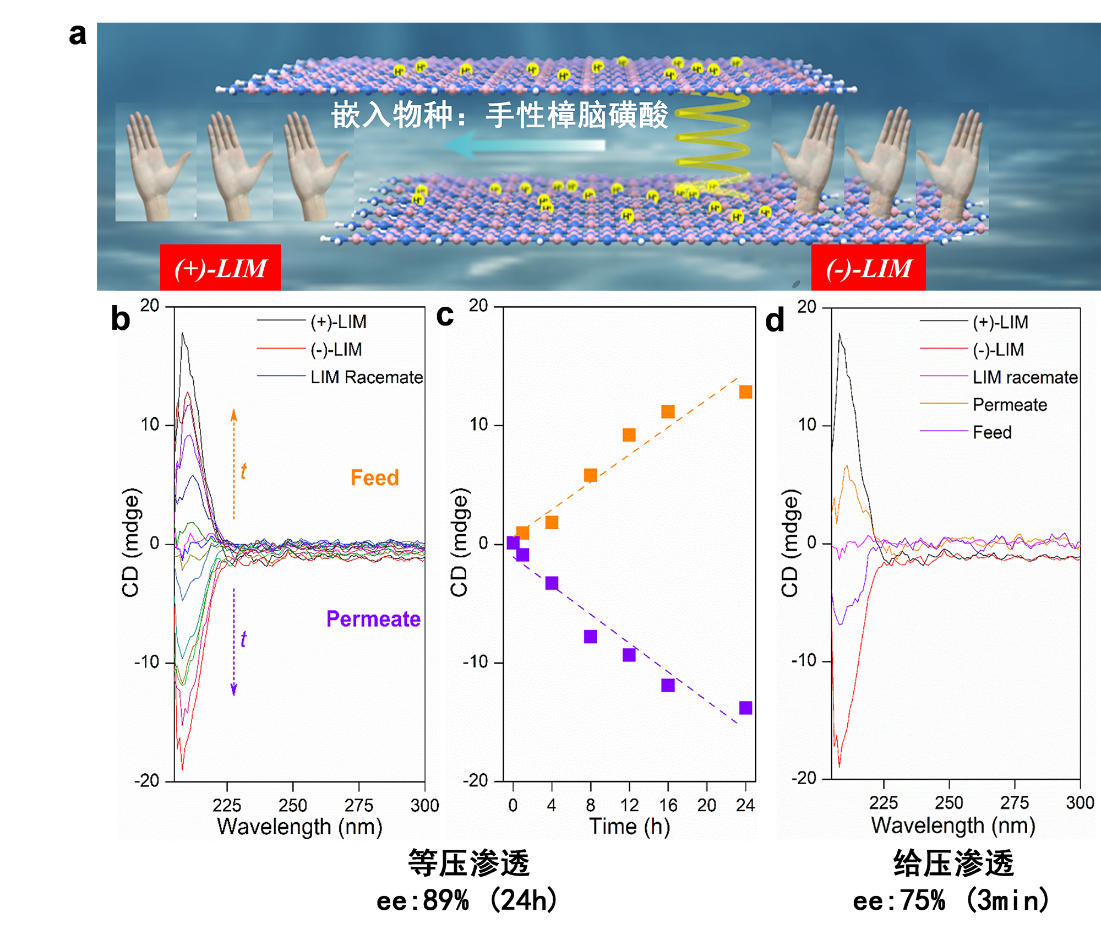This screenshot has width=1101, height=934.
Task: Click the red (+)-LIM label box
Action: [x=220, y=268]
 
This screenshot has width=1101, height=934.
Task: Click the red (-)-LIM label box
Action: [x=868, y=268]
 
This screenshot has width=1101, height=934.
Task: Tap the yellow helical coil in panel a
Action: [x=713, y=138]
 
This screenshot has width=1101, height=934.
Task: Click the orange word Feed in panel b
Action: [x=374, y=477]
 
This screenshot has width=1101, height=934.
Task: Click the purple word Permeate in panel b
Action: [x=373, y=619]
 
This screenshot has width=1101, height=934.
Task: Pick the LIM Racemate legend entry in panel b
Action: [x=366, y=377]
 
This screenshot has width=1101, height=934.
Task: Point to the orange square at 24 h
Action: [x=745, y=392]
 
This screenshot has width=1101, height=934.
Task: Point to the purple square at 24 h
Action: [x=745, y=708]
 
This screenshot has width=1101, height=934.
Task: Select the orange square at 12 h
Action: [x=629, y=435]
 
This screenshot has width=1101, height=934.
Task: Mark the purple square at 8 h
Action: [x=591, y=637]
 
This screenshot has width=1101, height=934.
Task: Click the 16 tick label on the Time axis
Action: [x=668, y=805]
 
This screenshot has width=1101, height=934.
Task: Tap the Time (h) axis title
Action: [x=629, y=827]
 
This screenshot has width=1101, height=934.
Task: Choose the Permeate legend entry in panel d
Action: [x=1009, y=405]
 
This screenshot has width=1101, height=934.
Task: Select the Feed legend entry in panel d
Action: [x=992, y=432]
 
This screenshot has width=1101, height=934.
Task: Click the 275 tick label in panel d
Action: [x=1015, y=803]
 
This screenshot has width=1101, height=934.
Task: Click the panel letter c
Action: [x=445, y=316]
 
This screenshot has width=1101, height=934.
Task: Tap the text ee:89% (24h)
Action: [x=467, y=900]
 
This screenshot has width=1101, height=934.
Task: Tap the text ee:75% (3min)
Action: [x=951, y=901]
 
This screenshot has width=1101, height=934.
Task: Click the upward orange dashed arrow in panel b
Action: [x=234, y=463]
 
